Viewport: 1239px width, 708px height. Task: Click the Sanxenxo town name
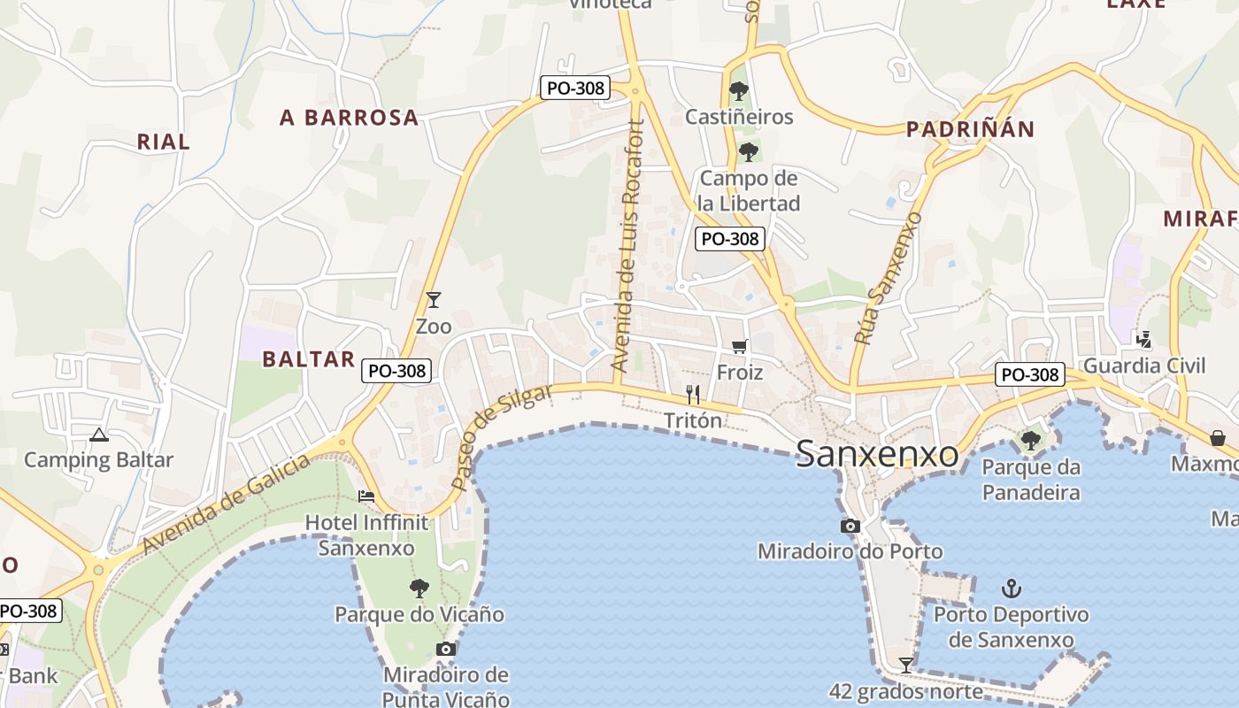(x=876, y=454)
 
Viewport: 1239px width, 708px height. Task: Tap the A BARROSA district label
(x=349, y=118)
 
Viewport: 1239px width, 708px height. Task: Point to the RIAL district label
(x=163, y=142)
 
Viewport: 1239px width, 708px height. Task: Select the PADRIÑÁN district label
(x=970, y=129)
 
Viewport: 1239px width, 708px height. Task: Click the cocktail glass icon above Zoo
(x=434, y=300)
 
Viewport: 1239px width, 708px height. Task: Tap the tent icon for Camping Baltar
(x=98, y=435)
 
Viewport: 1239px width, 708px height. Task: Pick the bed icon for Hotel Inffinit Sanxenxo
(x=366, y=496)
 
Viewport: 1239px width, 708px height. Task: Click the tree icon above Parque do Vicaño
(x=419, y=588)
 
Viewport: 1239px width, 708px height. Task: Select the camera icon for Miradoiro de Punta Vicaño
(x=446, y=650)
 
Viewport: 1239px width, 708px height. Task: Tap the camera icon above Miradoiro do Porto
(x=850, y=527)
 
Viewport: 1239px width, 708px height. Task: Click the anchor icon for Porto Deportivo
(x=1011, y=588)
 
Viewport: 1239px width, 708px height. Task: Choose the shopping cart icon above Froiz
(x=740, y=346)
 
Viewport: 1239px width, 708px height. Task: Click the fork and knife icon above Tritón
(x=693, y=395)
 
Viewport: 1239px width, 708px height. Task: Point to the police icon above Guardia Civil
(x=1144, y=338)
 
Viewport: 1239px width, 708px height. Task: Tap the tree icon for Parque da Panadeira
(x=1030, y=440)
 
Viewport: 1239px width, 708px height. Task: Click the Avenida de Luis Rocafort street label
(x=628, y=246)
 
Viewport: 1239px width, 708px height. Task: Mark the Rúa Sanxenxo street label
(x=888, y=278)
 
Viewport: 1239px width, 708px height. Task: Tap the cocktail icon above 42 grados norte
(x=905, y=665)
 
